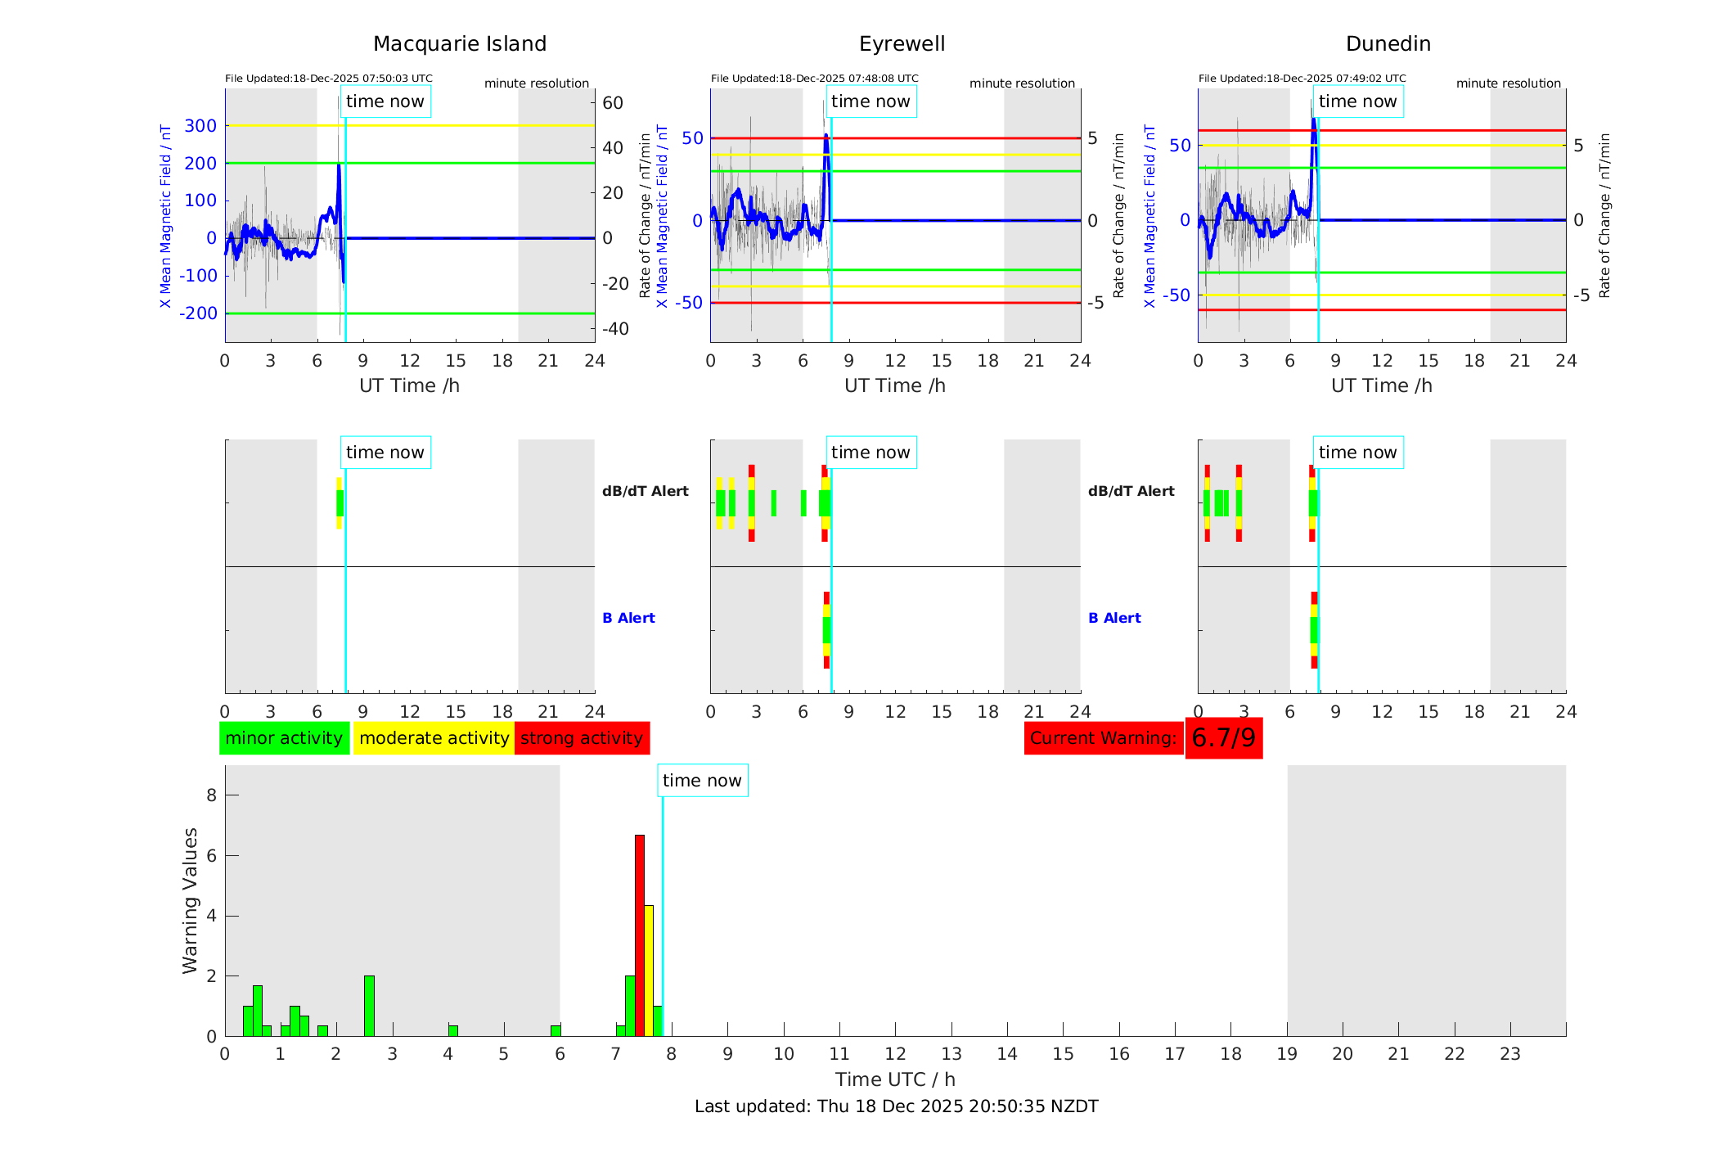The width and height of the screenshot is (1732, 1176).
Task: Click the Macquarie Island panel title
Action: pyautogui.click(x=459, y=44)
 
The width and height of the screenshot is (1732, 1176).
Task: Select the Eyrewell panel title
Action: pyautogui.click(x=902, y=44)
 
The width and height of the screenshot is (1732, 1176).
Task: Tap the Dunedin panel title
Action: pyautogui.click(x=1388, y=44)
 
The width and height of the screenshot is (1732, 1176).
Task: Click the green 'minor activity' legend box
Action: pyautogui.click(x=284, y=738)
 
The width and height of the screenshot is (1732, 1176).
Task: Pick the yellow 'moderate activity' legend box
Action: pyautogui.click(x=434, y=738)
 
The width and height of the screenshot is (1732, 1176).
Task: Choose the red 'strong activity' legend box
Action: pyautogui.click(x=582, y=738)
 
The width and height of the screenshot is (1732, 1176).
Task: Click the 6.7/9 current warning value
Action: pyautogui.click(x=1223, y=738)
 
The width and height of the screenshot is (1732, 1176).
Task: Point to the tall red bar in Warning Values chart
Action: pyautogui.click(x=640, y=933)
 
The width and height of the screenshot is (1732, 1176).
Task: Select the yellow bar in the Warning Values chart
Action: pyautogui.click(x=649, y=970)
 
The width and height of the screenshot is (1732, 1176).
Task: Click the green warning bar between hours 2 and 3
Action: pyautogui.click(x=369, y=1006)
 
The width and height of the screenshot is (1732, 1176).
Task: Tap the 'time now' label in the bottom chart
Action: pyautogui.click(x=702, y=781)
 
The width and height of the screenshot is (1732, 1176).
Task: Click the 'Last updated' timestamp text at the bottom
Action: pyautogui.click(x=896, y=1106)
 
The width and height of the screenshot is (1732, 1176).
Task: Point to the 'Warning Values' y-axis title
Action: pyautogui.click(x=190, y=900)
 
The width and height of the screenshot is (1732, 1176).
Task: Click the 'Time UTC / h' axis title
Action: pyautogui.click(x=895, y=1079)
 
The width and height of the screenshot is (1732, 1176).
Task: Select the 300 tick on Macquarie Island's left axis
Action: pyautogui.click(x=200, y=126)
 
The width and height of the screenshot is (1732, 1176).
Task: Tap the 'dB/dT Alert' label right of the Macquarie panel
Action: pyautogui.click(x=645, y=491)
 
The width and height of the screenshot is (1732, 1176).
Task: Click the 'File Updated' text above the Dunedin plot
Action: pyautogui.click(x=1302, y=79)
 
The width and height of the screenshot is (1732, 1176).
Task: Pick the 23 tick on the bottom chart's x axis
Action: pyautogui.click(x=1509, y=1054)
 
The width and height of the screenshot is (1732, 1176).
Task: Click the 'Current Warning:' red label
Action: pyautogui.click(x=1103, y=738)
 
